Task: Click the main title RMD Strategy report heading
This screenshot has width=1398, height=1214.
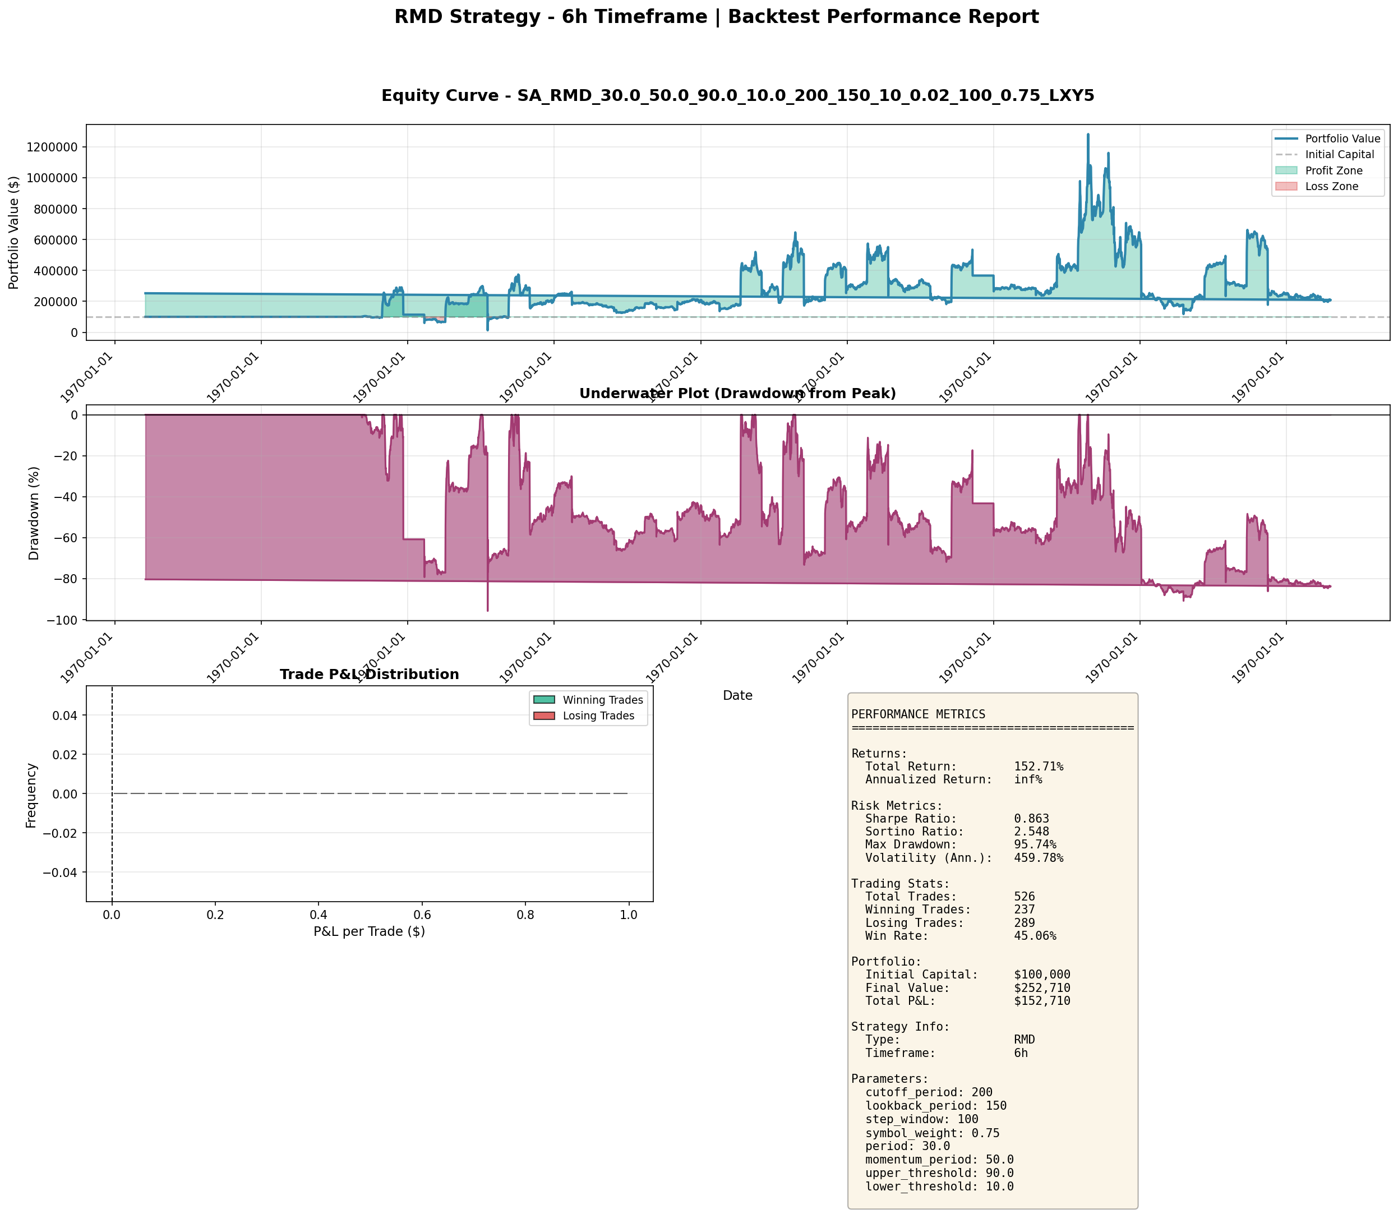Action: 716,17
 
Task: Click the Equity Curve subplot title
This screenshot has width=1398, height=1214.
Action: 737,95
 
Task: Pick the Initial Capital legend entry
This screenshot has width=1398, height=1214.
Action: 1340,154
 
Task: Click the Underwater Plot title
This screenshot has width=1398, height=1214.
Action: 737,394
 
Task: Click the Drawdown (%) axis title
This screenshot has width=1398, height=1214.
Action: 34,513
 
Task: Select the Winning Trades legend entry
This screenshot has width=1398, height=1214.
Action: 602,700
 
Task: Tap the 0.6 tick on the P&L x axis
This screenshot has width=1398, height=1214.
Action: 422,915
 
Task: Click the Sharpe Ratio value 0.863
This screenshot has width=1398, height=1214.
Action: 1031,818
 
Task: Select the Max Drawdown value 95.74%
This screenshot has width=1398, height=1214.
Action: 1034,845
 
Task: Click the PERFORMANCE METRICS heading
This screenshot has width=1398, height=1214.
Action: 918,714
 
